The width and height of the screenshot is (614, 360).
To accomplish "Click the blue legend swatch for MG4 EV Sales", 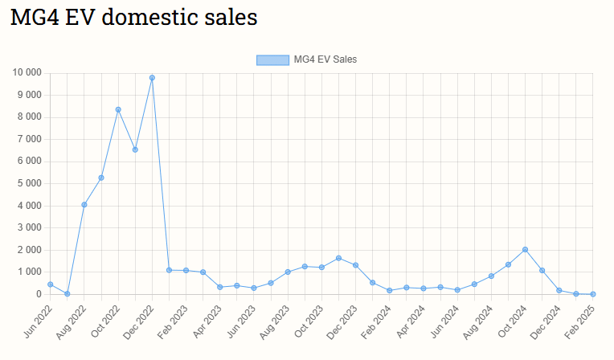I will [x=272, y=59].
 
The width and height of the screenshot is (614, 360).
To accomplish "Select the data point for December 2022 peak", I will [x=152, y=78].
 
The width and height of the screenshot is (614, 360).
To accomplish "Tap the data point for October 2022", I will [x=118, y=109].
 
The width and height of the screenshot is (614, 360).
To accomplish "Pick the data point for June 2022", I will [x=50, y=284].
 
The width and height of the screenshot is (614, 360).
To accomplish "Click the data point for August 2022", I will [x=84, y=205].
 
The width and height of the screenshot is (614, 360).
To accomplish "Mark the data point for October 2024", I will [x=525, y=250].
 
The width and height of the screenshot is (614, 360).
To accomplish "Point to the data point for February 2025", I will [x=593, y=294].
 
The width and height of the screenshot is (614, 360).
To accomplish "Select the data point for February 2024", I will [x=389, y=290].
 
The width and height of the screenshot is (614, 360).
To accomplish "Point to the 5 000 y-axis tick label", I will [x=29, y=183].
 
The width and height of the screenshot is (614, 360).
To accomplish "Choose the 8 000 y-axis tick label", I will [x=29, y=117].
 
